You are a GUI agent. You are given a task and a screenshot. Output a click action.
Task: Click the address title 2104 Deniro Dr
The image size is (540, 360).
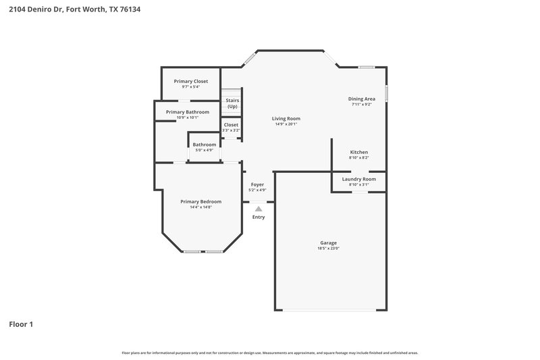coord(74,10)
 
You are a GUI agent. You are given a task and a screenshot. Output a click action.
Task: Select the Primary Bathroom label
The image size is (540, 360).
coord(187,112)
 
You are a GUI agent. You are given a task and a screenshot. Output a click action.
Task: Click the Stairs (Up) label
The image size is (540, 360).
coord(232,103)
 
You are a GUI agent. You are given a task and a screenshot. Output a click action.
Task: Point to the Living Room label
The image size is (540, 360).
coord(286,118)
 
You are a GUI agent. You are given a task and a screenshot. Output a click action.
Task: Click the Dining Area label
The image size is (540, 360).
coord(362,99)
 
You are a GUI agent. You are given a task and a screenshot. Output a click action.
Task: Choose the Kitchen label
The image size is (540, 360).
coord(358,152)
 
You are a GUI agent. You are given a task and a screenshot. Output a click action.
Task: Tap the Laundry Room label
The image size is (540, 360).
coord(358,179)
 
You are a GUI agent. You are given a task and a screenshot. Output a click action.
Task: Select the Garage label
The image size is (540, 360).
coord(328,242)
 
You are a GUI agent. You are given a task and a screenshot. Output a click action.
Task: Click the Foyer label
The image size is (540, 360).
coord(257,184)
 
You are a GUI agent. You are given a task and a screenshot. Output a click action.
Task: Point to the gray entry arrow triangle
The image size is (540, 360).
coord(259,209)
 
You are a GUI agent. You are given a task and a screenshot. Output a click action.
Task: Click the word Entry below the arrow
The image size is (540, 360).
coord(259,217)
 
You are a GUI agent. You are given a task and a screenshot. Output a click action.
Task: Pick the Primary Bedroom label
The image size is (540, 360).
coord(200,201)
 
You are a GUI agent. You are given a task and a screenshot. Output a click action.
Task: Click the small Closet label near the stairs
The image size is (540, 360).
coord(231,125)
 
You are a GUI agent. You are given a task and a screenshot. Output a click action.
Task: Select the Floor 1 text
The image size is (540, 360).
coord(21,324)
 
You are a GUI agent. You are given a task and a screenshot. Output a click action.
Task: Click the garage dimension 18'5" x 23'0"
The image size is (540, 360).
coord(328,249)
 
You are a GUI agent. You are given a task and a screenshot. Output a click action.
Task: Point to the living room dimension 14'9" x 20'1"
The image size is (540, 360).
coord(286,124)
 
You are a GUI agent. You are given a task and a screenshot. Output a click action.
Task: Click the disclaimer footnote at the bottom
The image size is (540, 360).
coord(269,353)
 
